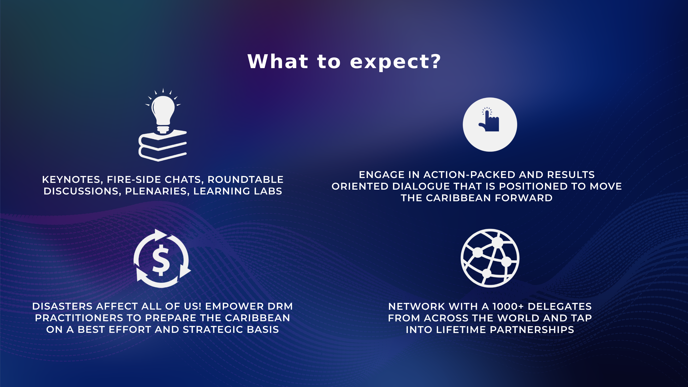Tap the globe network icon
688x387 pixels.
tap(490, 258)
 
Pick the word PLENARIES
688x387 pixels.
tap(157, 191)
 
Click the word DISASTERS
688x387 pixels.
tap(62, 306)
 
